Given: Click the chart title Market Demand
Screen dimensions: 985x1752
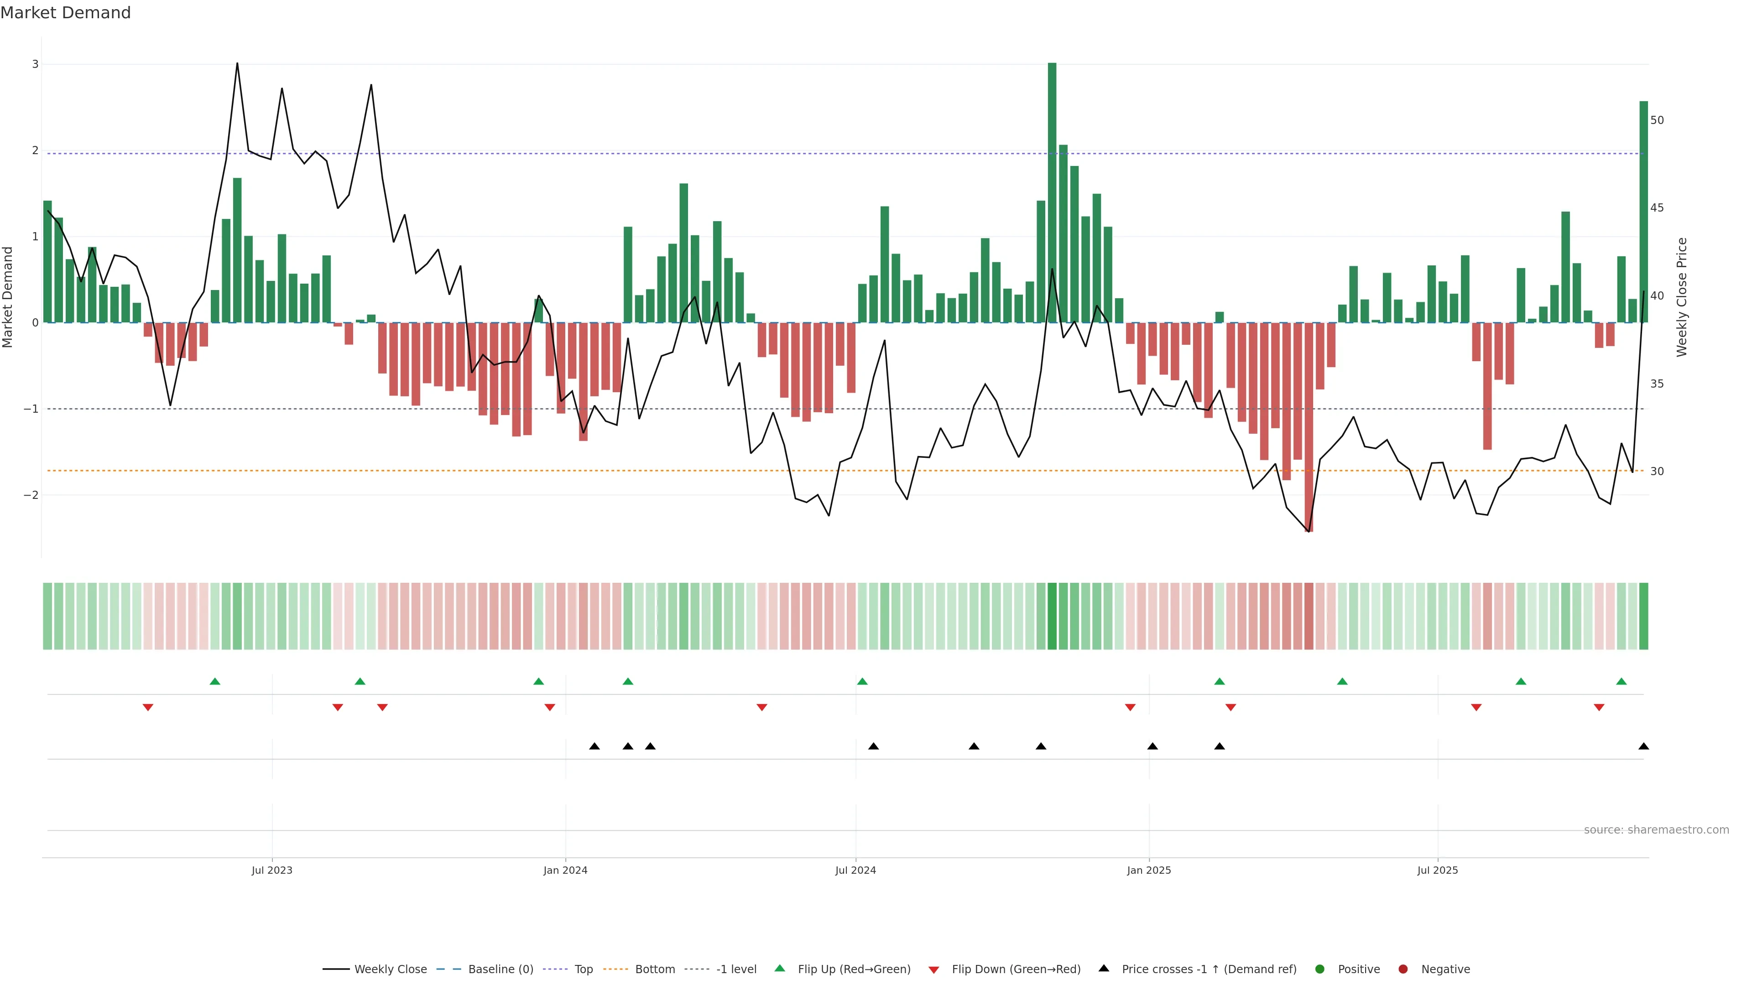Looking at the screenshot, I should point(65,13).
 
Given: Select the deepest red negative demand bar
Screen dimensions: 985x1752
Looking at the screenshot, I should point(1309,428).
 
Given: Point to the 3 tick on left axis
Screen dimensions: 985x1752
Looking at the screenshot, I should point(35,65).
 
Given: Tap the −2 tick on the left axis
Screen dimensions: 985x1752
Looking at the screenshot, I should point(31,496).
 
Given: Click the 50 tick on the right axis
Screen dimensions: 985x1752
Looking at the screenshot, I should point(1657,120).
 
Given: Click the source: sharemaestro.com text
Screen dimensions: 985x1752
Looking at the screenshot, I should point(1656,830).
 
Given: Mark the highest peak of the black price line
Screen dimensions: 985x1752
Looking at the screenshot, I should point(237,64).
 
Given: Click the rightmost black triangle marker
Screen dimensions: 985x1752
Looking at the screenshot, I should point(1643,747).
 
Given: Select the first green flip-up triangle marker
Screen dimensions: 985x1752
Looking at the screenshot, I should point(215,682).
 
